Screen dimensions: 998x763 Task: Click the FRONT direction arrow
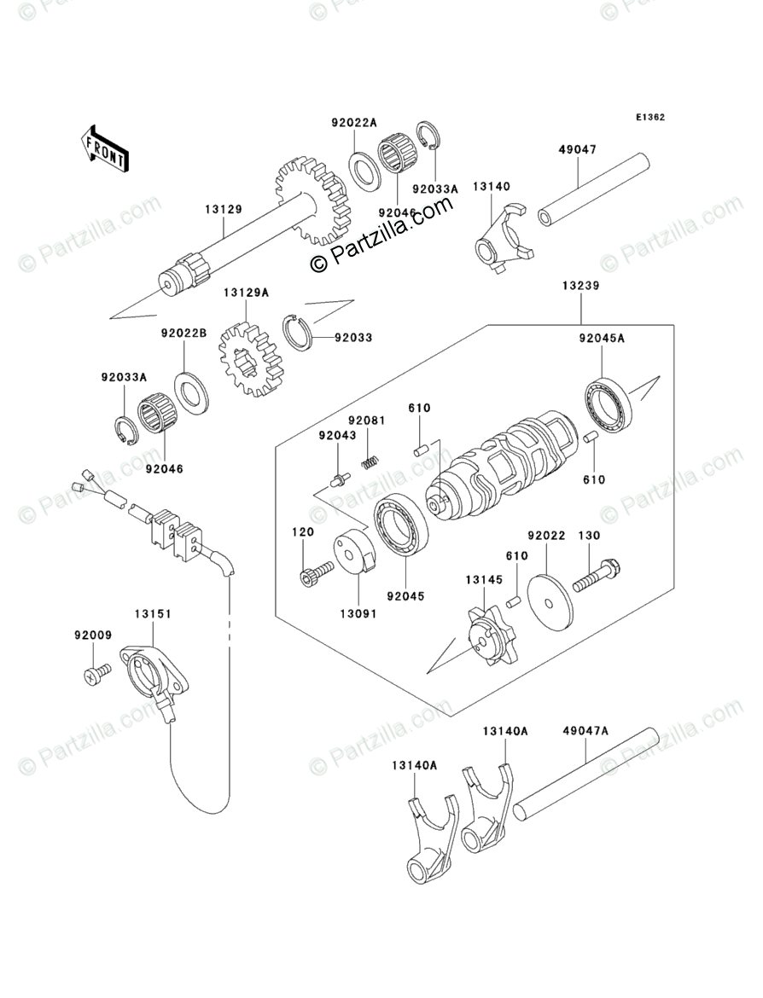[105, 146]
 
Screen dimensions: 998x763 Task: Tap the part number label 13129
[223, 207]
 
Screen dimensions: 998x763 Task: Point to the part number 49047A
[585, 731]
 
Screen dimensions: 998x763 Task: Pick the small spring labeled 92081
[370, 461]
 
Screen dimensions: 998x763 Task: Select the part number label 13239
[580, 287]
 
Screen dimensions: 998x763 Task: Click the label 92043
[336, 435]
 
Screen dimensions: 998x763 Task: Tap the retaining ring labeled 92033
[298, 332]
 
